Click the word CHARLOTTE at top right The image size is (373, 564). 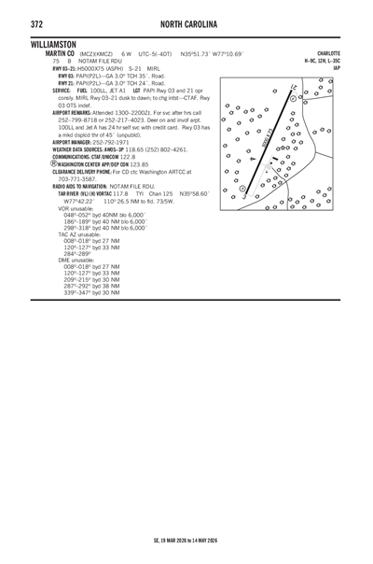click(328, 53)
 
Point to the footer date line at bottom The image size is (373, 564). click(186, 539)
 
